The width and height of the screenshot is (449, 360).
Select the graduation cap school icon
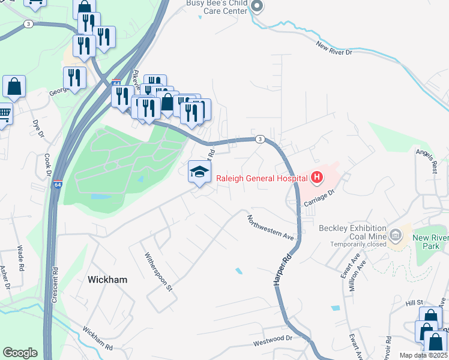click(x=199, y=172)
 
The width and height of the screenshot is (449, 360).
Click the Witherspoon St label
click(x=158, y=271)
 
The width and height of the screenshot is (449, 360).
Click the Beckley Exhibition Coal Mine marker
click(x=396, y=235)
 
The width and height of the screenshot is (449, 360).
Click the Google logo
click(x=20, y=353)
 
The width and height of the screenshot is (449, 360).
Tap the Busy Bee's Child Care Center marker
click(x=257, y=7)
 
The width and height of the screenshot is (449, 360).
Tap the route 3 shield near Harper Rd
click(x=259, y=139)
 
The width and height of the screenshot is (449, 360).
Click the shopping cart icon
click(x=5, y=113)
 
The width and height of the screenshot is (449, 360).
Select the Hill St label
click(x=414, y=303)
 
